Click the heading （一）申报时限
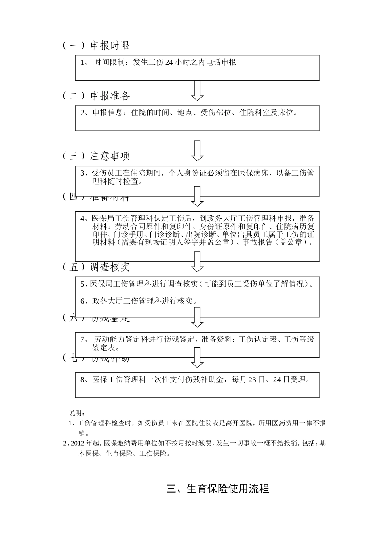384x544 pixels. [96, 45]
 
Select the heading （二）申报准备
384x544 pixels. [96, 96]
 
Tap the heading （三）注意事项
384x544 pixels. [96, 156]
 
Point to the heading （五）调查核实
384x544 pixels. [96, 267]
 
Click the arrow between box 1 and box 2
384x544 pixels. [197, 90]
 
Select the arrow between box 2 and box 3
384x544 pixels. [197, 151]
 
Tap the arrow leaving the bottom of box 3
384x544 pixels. [197, 196]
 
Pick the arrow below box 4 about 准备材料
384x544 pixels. [197, 261]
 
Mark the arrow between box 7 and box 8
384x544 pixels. [197, 357]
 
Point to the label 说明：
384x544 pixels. [76, 413]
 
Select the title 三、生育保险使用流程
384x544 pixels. [217, 489]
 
